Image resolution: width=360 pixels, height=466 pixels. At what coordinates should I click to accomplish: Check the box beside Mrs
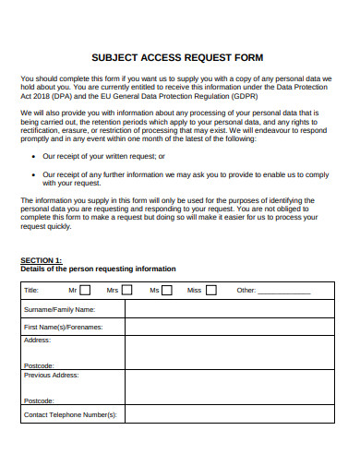126,290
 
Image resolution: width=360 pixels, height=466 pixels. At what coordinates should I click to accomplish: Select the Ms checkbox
168,290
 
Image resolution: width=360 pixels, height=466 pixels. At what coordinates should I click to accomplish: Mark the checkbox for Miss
211,290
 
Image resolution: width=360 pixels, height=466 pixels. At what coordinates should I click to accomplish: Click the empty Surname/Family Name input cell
231,309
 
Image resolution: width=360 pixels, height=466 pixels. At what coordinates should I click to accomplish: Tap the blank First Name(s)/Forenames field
231,327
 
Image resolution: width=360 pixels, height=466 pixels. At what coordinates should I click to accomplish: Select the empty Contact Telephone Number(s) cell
231,414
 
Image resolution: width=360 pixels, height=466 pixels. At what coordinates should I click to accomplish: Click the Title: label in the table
31,291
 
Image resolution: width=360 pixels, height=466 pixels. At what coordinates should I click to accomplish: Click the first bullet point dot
33,157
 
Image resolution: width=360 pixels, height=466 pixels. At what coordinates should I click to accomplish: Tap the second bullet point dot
33,173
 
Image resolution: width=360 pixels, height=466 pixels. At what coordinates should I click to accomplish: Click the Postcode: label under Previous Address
39,400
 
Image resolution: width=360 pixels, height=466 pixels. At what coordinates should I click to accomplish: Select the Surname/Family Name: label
59,309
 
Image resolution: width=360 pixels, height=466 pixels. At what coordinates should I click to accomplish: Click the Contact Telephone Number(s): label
70,414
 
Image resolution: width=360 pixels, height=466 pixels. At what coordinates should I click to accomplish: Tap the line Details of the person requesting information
98,269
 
